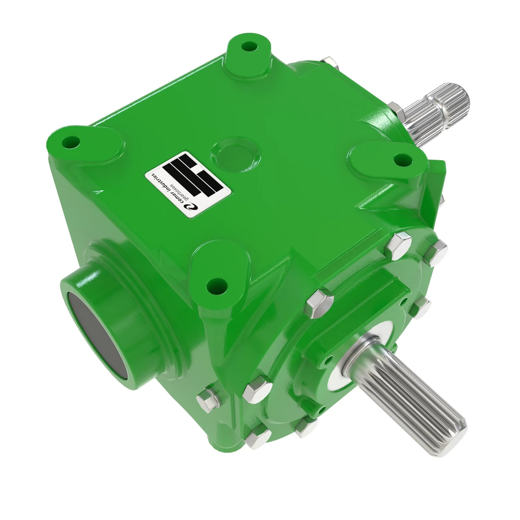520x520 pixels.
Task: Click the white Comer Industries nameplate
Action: (188, 184)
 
